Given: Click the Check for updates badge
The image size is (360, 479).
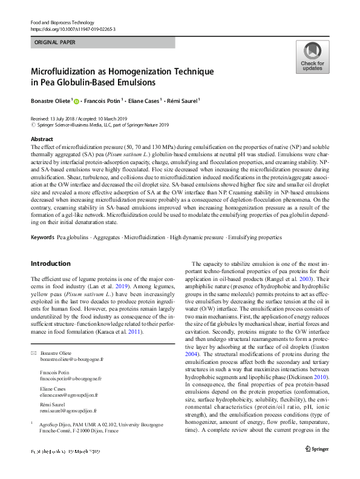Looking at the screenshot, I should (312, 58).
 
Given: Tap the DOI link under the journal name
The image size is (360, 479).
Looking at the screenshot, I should (73, 28).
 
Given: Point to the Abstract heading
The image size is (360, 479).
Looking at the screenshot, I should (42, 139).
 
